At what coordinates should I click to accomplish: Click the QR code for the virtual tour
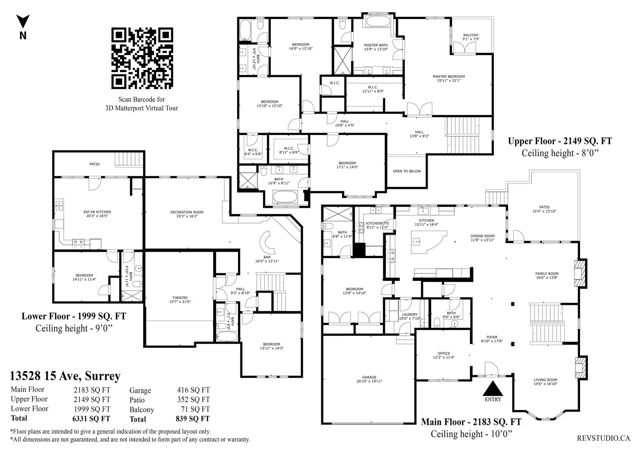pos(142,58)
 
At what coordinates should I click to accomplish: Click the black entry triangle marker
pos(492,388)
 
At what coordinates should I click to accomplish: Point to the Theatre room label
pos(180,298)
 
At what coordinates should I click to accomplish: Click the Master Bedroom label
pos(448,76)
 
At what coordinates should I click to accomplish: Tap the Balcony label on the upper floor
pos(471,35)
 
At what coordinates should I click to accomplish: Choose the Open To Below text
pos(407,171)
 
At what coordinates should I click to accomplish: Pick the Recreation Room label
pos(187,212)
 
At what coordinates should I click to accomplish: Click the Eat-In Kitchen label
pos(97,212)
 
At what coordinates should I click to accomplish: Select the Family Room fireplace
pos(579,273)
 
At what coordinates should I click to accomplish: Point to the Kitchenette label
pos(378,223)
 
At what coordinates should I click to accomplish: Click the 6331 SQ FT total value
pos(91,419)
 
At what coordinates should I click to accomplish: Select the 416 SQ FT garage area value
pos(194,390)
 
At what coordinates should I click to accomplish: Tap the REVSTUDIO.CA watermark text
pos(603,438)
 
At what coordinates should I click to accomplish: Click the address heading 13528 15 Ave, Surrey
pos(65,376)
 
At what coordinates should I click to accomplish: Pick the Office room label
pos(444,353)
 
